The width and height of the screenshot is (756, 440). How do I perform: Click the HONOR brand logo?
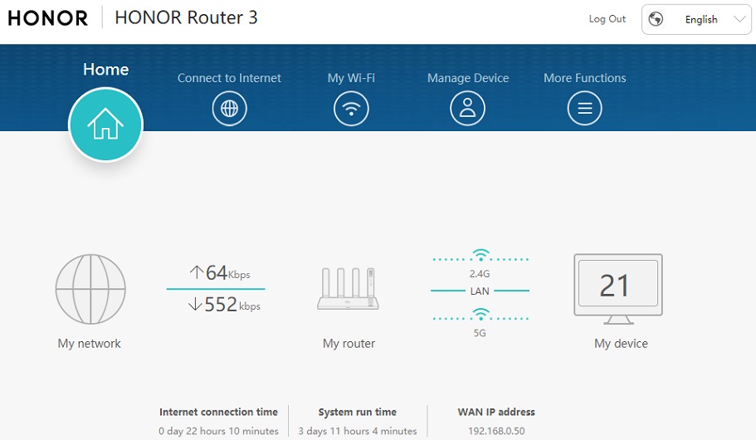coord(48,18)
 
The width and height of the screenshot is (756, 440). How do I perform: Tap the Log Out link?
coord(607,19)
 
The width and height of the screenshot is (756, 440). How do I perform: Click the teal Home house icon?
coord(105,125)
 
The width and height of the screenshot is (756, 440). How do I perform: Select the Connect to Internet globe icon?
coord(229,109)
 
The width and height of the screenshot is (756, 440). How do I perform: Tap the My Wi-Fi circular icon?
coord(351,109)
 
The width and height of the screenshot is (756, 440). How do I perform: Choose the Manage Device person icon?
coord(468,109)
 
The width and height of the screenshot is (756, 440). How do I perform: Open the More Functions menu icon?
coord(584,109)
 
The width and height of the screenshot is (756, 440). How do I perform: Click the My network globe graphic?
coord(90,289)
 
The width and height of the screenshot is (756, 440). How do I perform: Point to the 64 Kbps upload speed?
coord(219,272)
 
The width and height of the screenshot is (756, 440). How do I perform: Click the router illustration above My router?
coord(349,290)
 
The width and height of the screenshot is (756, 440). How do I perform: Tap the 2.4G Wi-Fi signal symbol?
coord(480,256)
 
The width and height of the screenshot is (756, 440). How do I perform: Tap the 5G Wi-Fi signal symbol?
coord(480,315)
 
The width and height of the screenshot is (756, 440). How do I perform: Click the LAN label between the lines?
coord(480,291)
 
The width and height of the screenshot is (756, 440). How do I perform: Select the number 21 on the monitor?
coord(615,286)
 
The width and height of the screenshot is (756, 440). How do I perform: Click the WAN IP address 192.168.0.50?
coord(496,431)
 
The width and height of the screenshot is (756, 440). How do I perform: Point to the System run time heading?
coord(357,412)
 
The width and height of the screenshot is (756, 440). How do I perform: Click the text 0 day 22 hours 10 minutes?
coord(218,431)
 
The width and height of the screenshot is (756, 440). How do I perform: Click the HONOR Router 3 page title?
coord(186,18)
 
